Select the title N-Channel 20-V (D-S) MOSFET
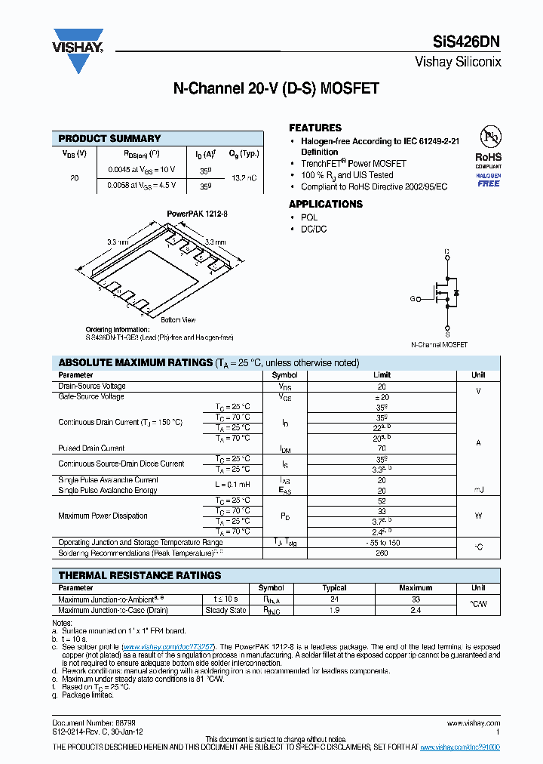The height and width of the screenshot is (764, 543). pos(276,89)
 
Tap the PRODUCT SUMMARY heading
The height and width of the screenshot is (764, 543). pos(109,138)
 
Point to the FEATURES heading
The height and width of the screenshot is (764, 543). pos(315,128)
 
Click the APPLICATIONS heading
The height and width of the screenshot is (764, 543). pos(326,204)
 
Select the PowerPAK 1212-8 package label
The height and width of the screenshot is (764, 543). pos(197,214)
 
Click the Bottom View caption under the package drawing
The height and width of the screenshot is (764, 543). pos(178,320)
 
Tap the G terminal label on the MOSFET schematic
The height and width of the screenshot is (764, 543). pos(413,299)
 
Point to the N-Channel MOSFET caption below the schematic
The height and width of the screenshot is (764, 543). pos(439,345)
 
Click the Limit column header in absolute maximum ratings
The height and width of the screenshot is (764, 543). pos(382,375)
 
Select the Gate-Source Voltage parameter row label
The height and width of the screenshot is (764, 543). pos(91,396)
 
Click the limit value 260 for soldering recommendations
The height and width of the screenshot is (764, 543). pos(382,553)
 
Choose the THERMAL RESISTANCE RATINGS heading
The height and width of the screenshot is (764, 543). pos(140,575)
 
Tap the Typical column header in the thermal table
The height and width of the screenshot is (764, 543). pos(334,588)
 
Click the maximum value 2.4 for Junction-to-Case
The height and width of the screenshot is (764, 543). pos(416,610)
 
